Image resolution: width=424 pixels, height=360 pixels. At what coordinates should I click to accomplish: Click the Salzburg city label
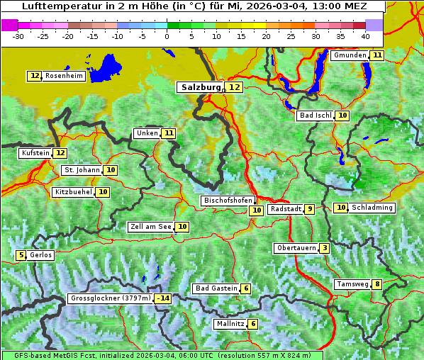201,87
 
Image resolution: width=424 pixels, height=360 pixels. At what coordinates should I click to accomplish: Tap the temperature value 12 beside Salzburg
234,87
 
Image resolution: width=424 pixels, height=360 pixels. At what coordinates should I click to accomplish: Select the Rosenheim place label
64,76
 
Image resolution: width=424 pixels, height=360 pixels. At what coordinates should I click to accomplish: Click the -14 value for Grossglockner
163,298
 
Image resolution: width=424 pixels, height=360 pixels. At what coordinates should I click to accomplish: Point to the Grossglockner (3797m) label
111,298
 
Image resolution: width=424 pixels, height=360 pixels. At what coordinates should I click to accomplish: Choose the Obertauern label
296,248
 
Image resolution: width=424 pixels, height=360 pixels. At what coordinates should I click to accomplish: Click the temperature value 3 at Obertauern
324,248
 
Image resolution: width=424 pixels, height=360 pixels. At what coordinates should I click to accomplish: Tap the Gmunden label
350,55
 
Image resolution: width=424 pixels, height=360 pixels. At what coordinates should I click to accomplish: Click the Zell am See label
150,227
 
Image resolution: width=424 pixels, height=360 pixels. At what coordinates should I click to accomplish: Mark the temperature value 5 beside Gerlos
21,255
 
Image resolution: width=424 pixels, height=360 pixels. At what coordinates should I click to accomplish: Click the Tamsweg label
352,285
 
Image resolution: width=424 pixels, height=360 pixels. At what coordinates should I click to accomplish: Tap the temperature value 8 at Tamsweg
378,285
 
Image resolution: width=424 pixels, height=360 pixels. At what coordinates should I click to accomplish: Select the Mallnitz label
230,324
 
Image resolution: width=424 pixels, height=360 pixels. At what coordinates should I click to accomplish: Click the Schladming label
372,208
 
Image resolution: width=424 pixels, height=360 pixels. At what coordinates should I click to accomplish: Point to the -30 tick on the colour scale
18,35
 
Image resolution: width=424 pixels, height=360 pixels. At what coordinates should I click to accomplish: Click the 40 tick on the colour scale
365,35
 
